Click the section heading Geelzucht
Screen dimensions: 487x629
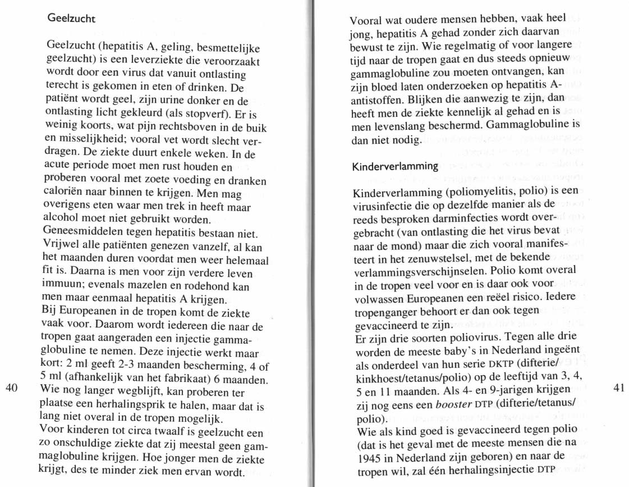pos(71,18)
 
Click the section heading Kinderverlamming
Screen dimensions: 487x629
pos(394,166)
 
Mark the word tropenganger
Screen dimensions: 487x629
pos(385,311)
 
